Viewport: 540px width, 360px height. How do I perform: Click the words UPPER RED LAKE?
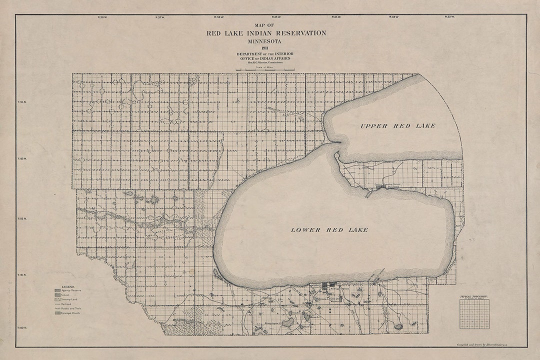397,125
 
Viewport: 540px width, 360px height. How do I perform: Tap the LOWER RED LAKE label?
329,230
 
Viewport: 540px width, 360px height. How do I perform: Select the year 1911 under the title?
265,48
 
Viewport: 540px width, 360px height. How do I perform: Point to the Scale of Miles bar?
265,69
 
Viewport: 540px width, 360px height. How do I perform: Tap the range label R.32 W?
449,17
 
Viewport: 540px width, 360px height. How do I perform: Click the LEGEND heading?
67,287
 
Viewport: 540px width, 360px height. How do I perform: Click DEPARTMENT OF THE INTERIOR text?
265,53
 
